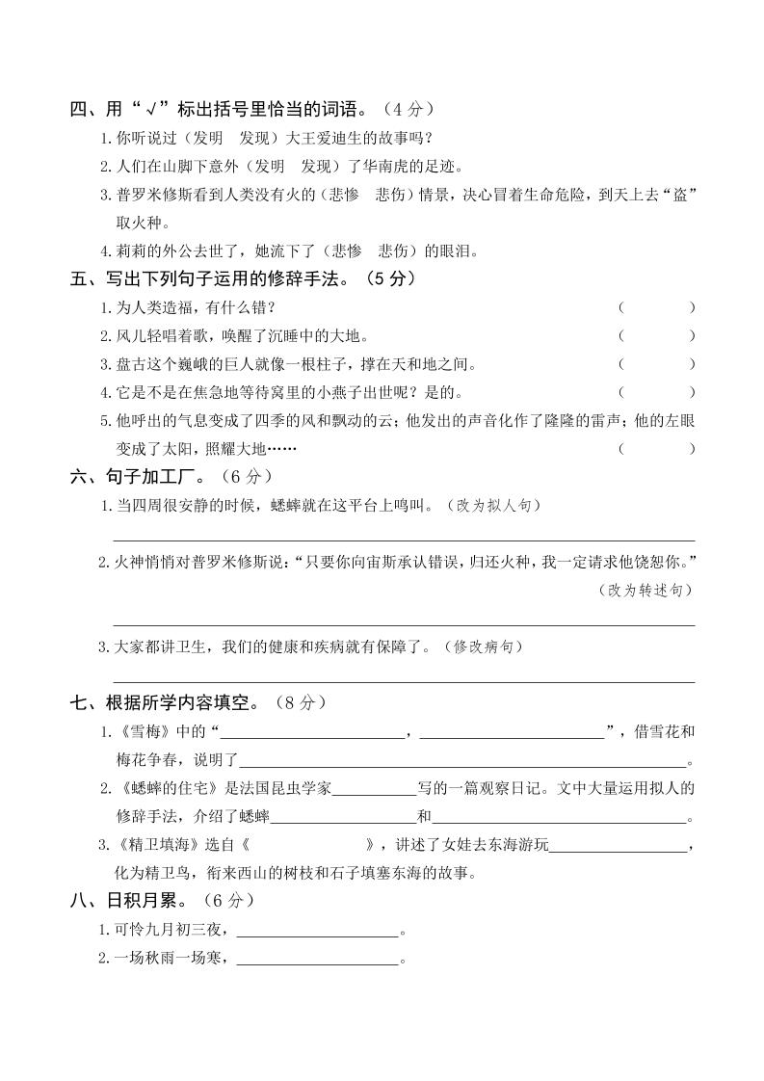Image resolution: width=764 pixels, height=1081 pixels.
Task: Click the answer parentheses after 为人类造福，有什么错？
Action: click(x=656, y=307)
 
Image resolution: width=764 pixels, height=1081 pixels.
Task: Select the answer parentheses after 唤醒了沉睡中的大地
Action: click(x=656, y=336)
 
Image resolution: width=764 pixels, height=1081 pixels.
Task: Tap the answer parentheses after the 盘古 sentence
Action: click(x=656, y=364)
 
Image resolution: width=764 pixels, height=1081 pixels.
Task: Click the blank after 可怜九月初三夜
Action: click(x=317, y=931)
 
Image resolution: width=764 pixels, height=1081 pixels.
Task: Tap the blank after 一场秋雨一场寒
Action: click(x=317, y=960)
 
